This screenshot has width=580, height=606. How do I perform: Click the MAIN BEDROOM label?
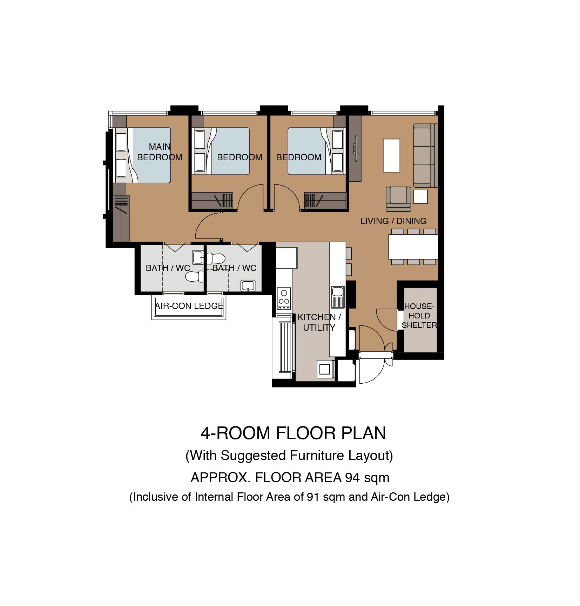[x=160, y=152]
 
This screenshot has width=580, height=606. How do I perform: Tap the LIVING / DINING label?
[x=393, y=221]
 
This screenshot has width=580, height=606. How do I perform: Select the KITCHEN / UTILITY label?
[x=319, y=322]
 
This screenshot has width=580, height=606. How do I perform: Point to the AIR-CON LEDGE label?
[x=189, y=306]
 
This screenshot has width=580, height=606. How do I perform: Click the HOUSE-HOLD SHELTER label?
[x=419, y=316]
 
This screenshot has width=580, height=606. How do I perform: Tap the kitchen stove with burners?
[x=284, y=298]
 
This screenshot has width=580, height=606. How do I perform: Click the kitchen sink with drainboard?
[x=338, y=297]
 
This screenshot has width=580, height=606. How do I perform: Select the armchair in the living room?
[x=398, y=199]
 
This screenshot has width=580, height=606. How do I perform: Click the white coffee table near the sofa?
[x=391, y=155]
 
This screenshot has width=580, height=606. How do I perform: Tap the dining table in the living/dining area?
[x=413, y=247]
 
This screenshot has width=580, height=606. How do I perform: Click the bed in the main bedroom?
[x=143, y=155]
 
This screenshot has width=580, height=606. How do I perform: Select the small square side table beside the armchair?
[x=420, y=196]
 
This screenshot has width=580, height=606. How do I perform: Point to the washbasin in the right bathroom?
[x=248, y=285]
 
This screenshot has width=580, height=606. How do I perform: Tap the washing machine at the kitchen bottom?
[x=325, y=369]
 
